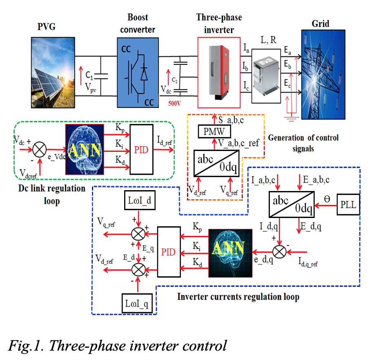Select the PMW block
pos(215,131)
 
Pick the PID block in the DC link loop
pos(141,149)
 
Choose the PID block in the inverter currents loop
pos(169,252)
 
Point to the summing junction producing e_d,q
pos(280,251)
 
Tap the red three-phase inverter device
pos(218,72)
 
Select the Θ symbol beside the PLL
pos(327,200)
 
